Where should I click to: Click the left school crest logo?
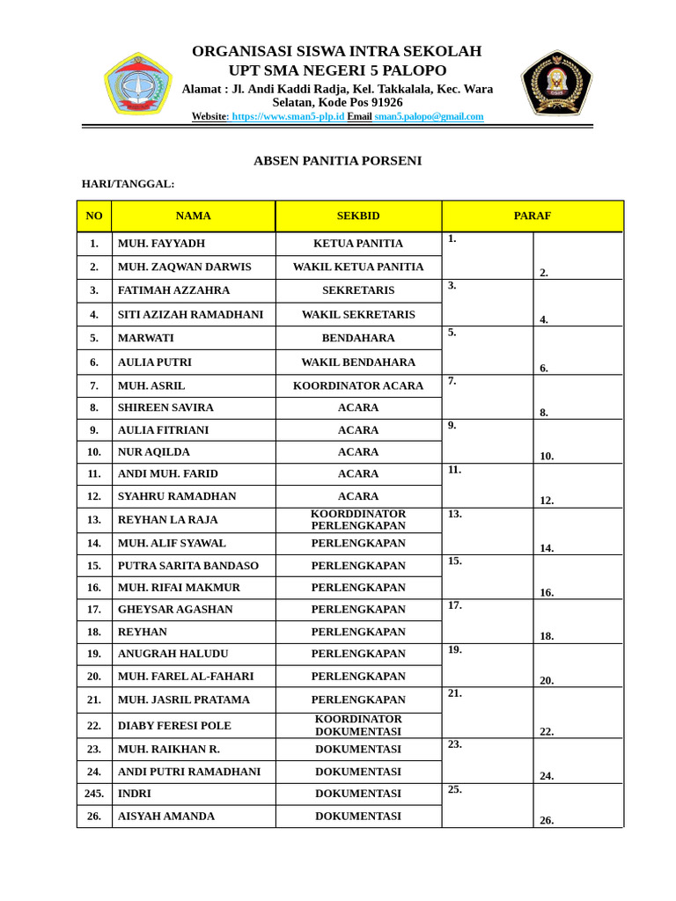[137, 84]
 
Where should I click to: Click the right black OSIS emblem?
[556, 83]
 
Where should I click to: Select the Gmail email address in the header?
[429, 116]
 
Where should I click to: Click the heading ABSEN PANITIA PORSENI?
[337, 160]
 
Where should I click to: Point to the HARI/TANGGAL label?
[128, 184]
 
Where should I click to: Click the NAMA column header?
[193, 216]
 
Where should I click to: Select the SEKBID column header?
[358, 216]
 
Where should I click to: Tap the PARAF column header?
[533, 216]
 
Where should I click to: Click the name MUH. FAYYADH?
[161, 244]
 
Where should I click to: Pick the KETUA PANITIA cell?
[358, 244]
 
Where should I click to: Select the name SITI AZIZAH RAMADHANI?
[190, 314]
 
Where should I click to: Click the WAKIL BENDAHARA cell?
[358, 362]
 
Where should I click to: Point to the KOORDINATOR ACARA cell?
[358, 385]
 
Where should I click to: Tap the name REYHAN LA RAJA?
[167, 520]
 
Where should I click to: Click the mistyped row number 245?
[94, 793]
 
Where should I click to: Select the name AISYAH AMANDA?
[166, 816]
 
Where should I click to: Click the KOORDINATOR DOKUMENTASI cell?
[358, 725]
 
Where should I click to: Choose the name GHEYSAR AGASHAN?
[175, 609]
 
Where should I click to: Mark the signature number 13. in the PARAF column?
[455, 514]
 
